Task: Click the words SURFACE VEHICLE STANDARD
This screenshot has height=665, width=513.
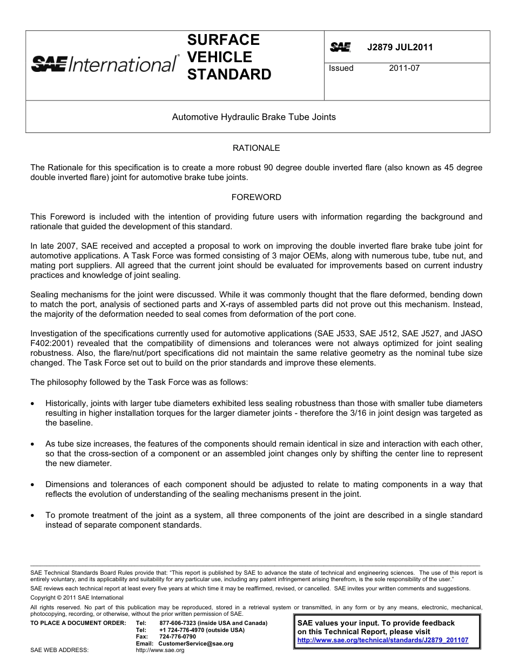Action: click(229, 57)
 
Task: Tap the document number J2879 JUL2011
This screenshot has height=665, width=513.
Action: click(400, 47)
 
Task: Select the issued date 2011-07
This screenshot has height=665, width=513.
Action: click(404, 68)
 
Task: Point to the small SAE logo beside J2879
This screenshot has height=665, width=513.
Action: click(340, 47)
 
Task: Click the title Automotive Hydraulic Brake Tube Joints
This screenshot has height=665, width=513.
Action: click(254, 117)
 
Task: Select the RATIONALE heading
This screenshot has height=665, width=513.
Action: click(256, 148)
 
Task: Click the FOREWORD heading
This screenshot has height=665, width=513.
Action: click(256, 197)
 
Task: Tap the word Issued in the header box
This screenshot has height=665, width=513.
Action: click(341, 68)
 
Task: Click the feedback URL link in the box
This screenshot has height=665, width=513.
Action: click(383, 640)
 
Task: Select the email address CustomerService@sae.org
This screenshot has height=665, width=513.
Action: click(196, 643)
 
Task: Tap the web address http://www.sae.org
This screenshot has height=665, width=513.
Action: click(160, 650)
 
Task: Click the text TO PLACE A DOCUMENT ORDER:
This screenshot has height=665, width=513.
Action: click(78, 623)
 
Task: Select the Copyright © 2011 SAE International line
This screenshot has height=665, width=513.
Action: click(77, 597)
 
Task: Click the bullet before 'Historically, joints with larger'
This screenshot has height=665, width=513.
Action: click(33, 403)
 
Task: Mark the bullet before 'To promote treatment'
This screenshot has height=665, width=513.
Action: click(33, 515)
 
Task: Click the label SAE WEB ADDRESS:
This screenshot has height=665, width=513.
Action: click(59, 650)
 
